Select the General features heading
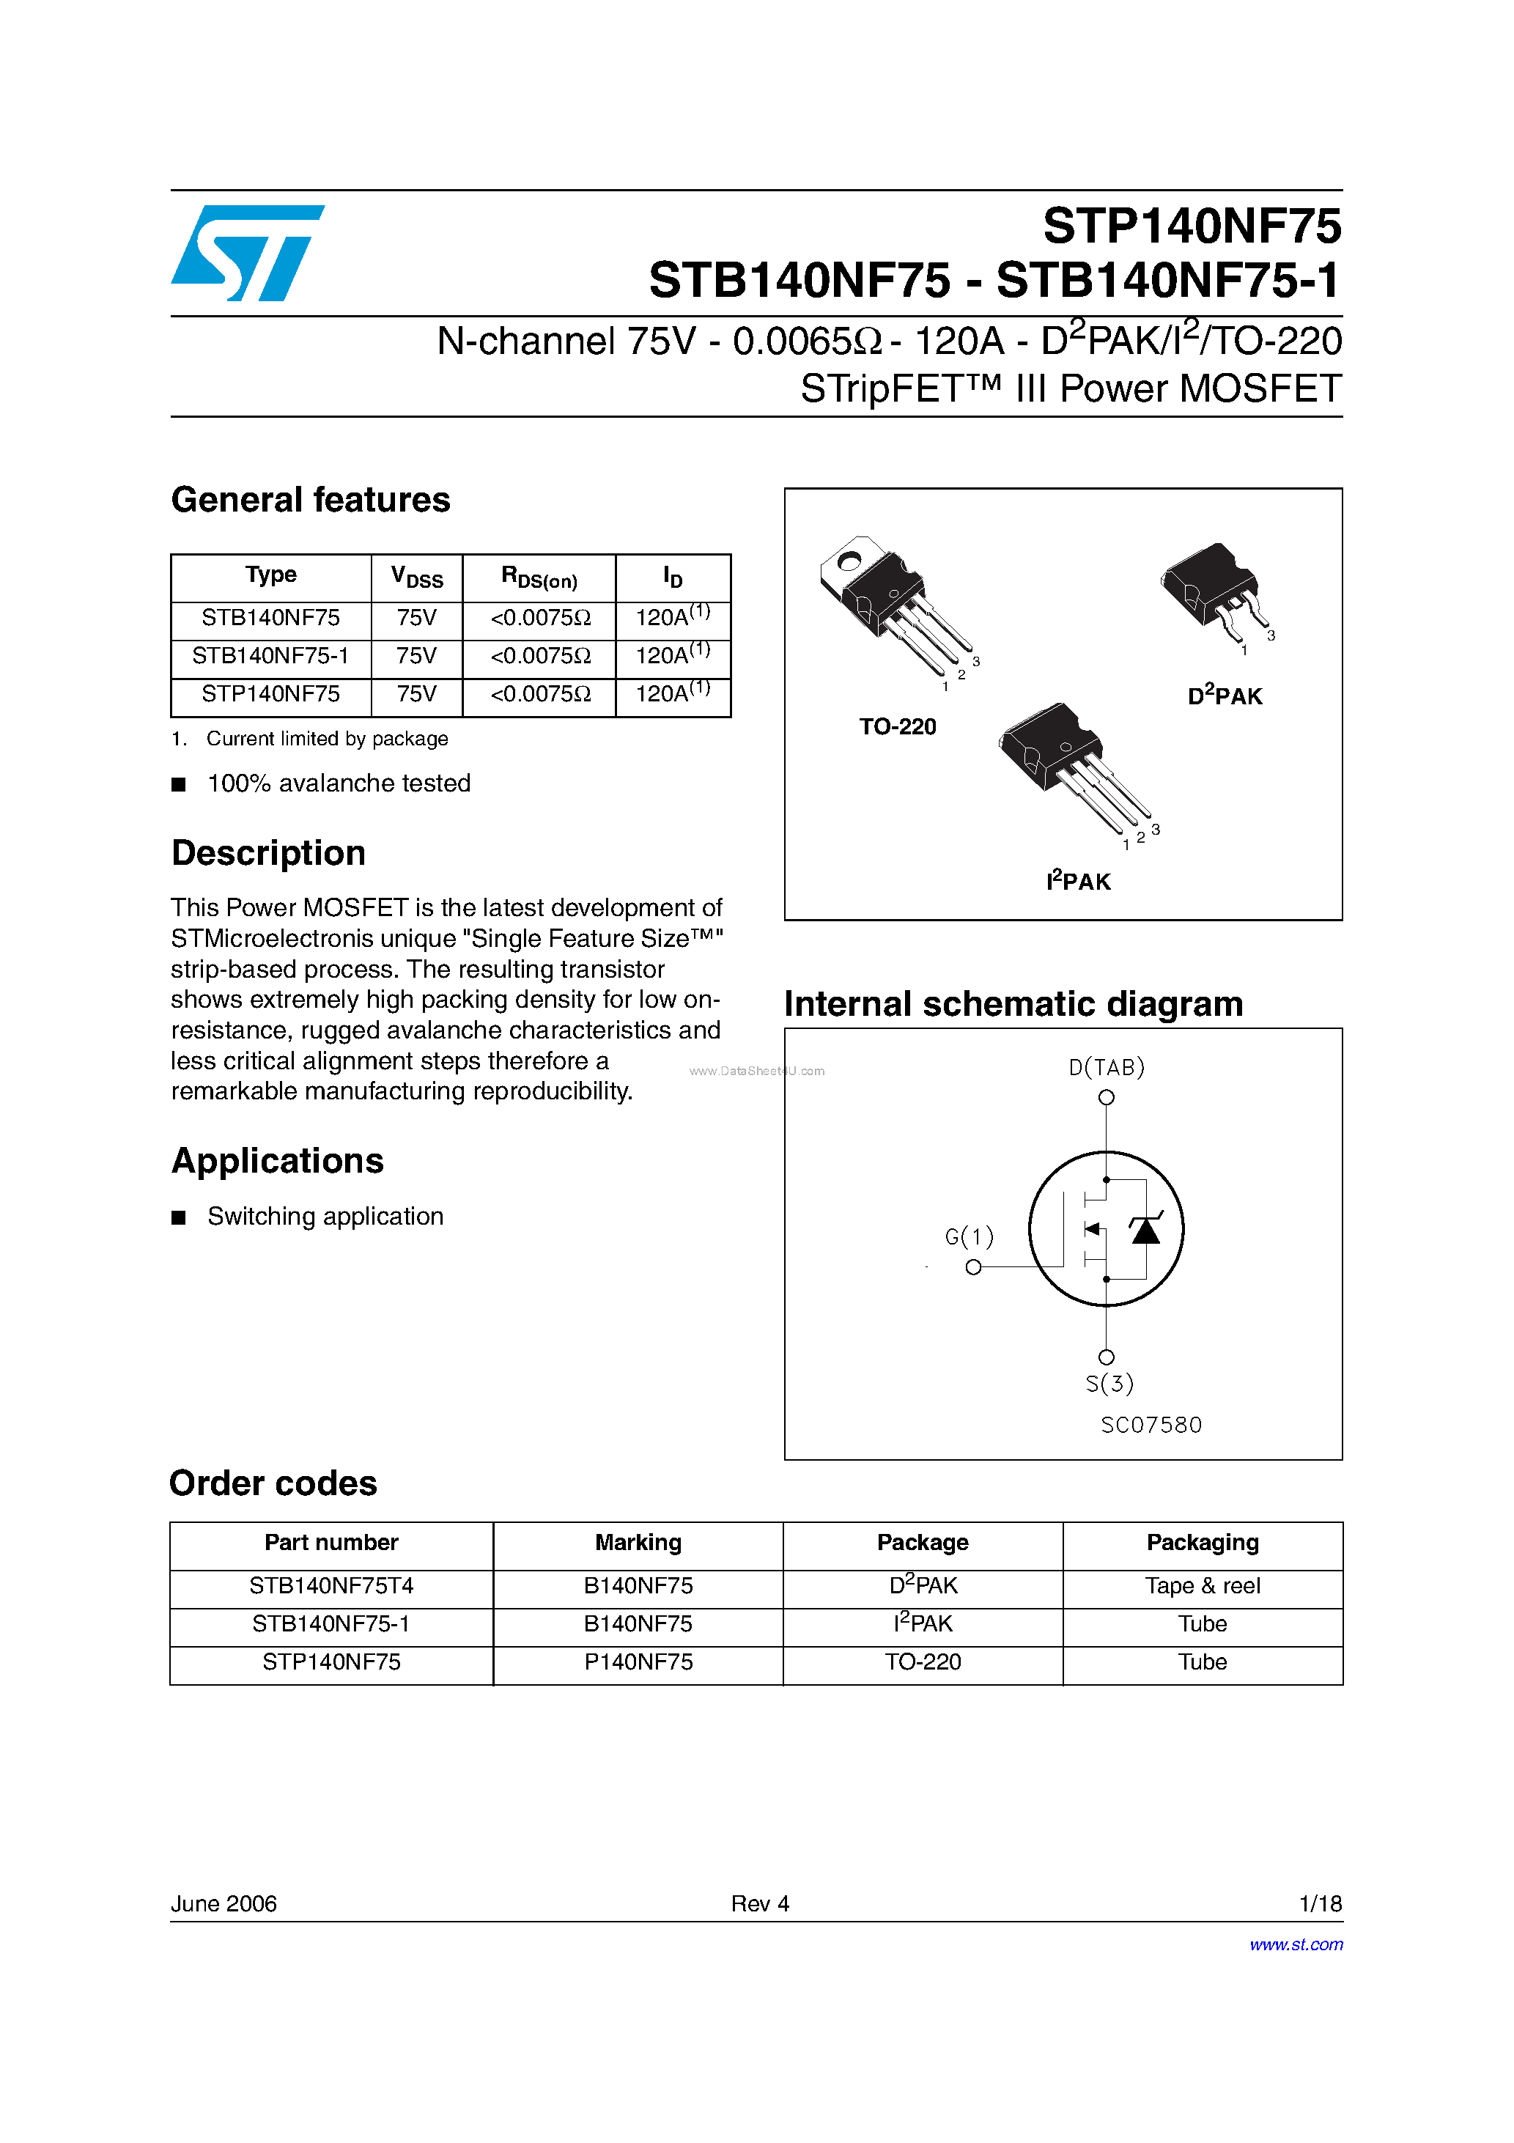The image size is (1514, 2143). click(x=310, y=501)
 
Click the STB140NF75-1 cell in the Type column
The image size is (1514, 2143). click(x=270, y=656)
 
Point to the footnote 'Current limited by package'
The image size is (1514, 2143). click(x=327, y=739)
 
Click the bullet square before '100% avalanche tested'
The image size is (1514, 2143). click(x=178, y=785)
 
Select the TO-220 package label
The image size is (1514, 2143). click(x=897, y=727)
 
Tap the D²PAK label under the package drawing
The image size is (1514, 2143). click(x=1225, y=696)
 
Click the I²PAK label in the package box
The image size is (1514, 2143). click(x=1078, y=881)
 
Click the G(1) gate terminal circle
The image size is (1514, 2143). click(x=974, y=1267)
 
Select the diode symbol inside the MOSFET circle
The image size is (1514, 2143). click(x=1145, y=1230)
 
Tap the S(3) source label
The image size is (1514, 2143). click(x=1109, y=1383)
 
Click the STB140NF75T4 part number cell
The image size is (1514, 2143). click(x=331, y=1586)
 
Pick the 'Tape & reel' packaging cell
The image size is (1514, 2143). click(x=1203, y=1586)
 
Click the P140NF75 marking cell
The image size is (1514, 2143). click(x=638, y=1662)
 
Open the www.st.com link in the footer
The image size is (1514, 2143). click(x=1296, y=1945)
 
